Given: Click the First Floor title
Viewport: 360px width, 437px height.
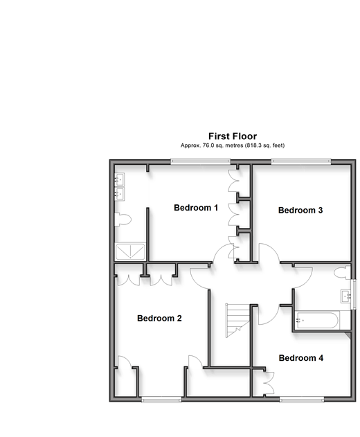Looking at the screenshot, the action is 233,136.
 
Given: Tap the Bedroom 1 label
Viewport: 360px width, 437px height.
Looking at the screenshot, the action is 196,208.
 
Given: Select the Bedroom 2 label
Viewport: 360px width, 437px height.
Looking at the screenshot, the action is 159,319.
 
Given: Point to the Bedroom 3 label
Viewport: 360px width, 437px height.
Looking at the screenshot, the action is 300,210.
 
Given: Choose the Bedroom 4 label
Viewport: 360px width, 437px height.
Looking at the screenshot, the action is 301,358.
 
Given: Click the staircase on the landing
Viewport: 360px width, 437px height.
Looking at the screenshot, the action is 237,320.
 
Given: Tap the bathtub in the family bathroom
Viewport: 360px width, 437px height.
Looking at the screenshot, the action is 317,321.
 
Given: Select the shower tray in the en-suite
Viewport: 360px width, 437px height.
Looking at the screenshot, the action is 130,252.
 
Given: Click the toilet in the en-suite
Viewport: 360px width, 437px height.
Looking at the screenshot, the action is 123,220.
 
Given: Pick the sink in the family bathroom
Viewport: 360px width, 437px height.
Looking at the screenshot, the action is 345,296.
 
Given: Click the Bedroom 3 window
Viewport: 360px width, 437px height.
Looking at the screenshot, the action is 301,161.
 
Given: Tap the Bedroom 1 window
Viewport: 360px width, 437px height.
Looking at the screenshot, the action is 200,161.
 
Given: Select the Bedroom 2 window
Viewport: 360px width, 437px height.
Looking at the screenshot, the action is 161,400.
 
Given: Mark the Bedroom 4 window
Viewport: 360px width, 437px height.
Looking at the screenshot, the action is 302,400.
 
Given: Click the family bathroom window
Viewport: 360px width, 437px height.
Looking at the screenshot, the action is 354,294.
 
